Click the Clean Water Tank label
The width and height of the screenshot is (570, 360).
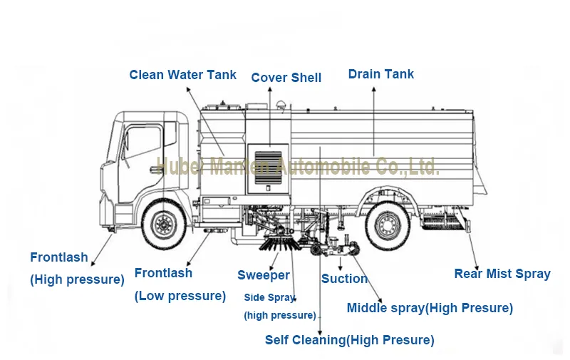point(183,75)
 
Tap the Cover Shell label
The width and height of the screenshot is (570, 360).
point(286,78)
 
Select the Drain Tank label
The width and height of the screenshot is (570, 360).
point(381,74)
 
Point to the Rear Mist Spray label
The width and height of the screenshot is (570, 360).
point(502,274)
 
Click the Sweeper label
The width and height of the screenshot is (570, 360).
point(264,275)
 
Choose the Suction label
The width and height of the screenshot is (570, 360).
point(344,279)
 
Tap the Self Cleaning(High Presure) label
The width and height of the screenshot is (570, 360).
point(350,340)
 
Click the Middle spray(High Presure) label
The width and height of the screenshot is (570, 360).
point(430,309)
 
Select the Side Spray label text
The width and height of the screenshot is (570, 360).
point(269,297)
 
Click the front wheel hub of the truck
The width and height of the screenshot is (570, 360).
point(164,224)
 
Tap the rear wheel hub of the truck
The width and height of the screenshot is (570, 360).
point(388,225)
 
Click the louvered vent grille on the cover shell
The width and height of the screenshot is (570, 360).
point(269,168)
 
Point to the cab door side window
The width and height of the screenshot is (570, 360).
point(144,143)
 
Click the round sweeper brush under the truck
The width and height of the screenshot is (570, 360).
point(280,243)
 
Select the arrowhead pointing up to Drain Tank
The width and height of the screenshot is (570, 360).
point(373,89)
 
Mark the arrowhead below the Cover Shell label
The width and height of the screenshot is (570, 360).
point(270,89)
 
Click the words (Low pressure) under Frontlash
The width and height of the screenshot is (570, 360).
point(180,296)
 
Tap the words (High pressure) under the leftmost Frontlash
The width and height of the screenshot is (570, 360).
point(77,279)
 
